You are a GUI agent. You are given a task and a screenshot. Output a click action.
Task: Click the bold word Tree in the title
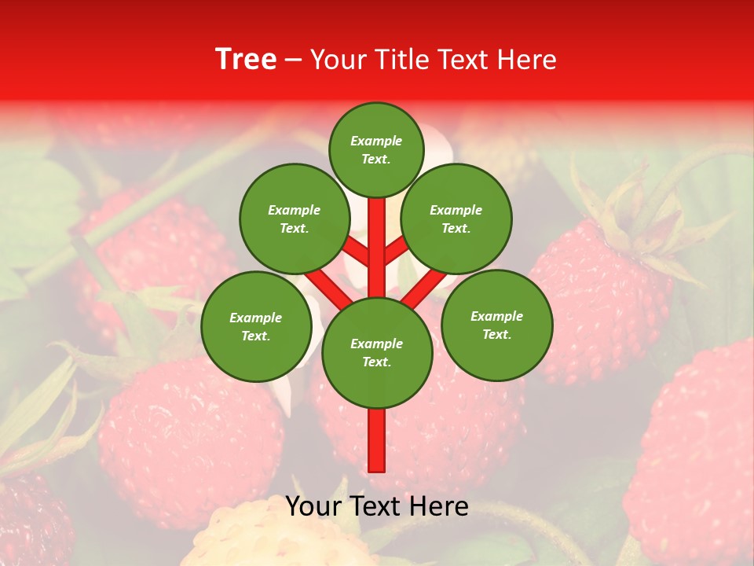tap(246, 60)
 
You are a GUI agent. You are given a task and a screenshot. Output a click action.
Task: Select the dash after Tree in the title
tap(293, 61)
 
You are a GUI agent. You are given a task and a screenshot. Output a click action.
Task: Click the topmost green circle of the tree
tap(376, 149)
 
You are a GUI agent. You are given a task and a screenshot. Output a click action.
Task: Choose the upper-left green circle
tap(294, 219)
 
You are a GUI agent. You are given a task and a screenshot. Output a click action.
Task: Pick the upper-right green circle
tap(456, 219)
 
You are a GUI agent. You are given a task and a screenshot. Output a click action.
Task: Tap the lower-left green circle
tap(256, 326)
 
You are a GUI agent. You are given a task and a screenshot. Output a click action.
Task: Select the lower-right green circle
tap(496, 325)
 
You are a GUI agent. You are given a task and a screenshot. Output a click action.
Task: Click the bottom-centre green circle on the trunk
tap(377, 353)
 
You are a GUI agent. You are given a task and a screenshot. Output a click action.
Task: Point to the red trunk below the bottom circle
tap(377, 440)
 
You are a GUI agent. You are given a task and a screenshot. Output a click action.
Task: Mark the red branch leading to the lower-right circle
tap(425, 287)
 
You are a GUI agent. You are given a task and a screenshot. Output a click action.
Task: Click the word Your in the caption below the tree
tap(313, 506)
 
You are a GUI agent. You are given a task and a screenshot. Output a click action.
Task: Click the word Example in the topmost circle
tap(376, 141)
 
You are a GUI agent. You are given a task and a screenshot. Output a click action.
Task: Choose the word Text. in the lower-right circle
tap(496, 334)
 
